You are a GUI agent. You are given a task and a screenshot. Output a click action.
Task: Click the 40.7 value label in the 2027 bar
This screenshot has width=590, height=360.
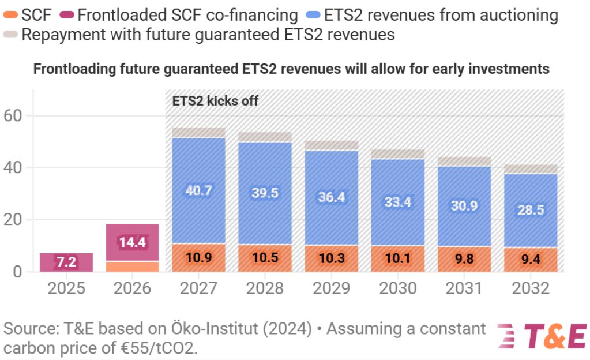tap(198, 191)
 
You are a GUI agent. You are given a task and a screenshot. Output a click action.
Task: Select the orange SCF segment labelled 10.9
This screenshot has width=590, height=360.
tap(198, 258)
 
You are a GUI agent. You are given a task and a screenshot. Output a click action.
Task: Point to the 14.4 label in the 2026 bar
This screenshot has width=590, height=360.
tap(132, 242)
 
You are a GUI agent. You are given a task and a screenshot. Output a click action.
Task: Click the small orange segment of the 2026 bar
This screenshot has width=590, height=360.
tap(132, 267)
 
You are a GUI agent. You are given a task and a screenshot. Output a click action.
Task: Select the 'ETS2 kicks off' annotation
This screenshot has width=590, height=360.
tap(216, 101)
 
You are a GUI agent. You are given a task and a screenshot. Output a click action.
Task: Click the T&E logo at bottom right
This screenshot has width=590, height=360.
tap(542, 336)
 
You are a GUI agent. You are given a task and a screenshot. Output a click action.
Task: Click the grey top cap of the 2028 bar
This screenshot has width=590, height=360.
tap(265, 137)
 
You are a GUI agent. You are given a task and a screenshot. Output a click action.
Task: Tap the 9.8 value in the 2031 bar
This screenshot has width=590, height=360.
tap(464, 259)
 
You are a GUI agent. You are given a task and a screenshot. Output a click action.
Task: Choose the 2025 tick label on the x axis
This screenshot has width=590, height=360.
tap(66, 288)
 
